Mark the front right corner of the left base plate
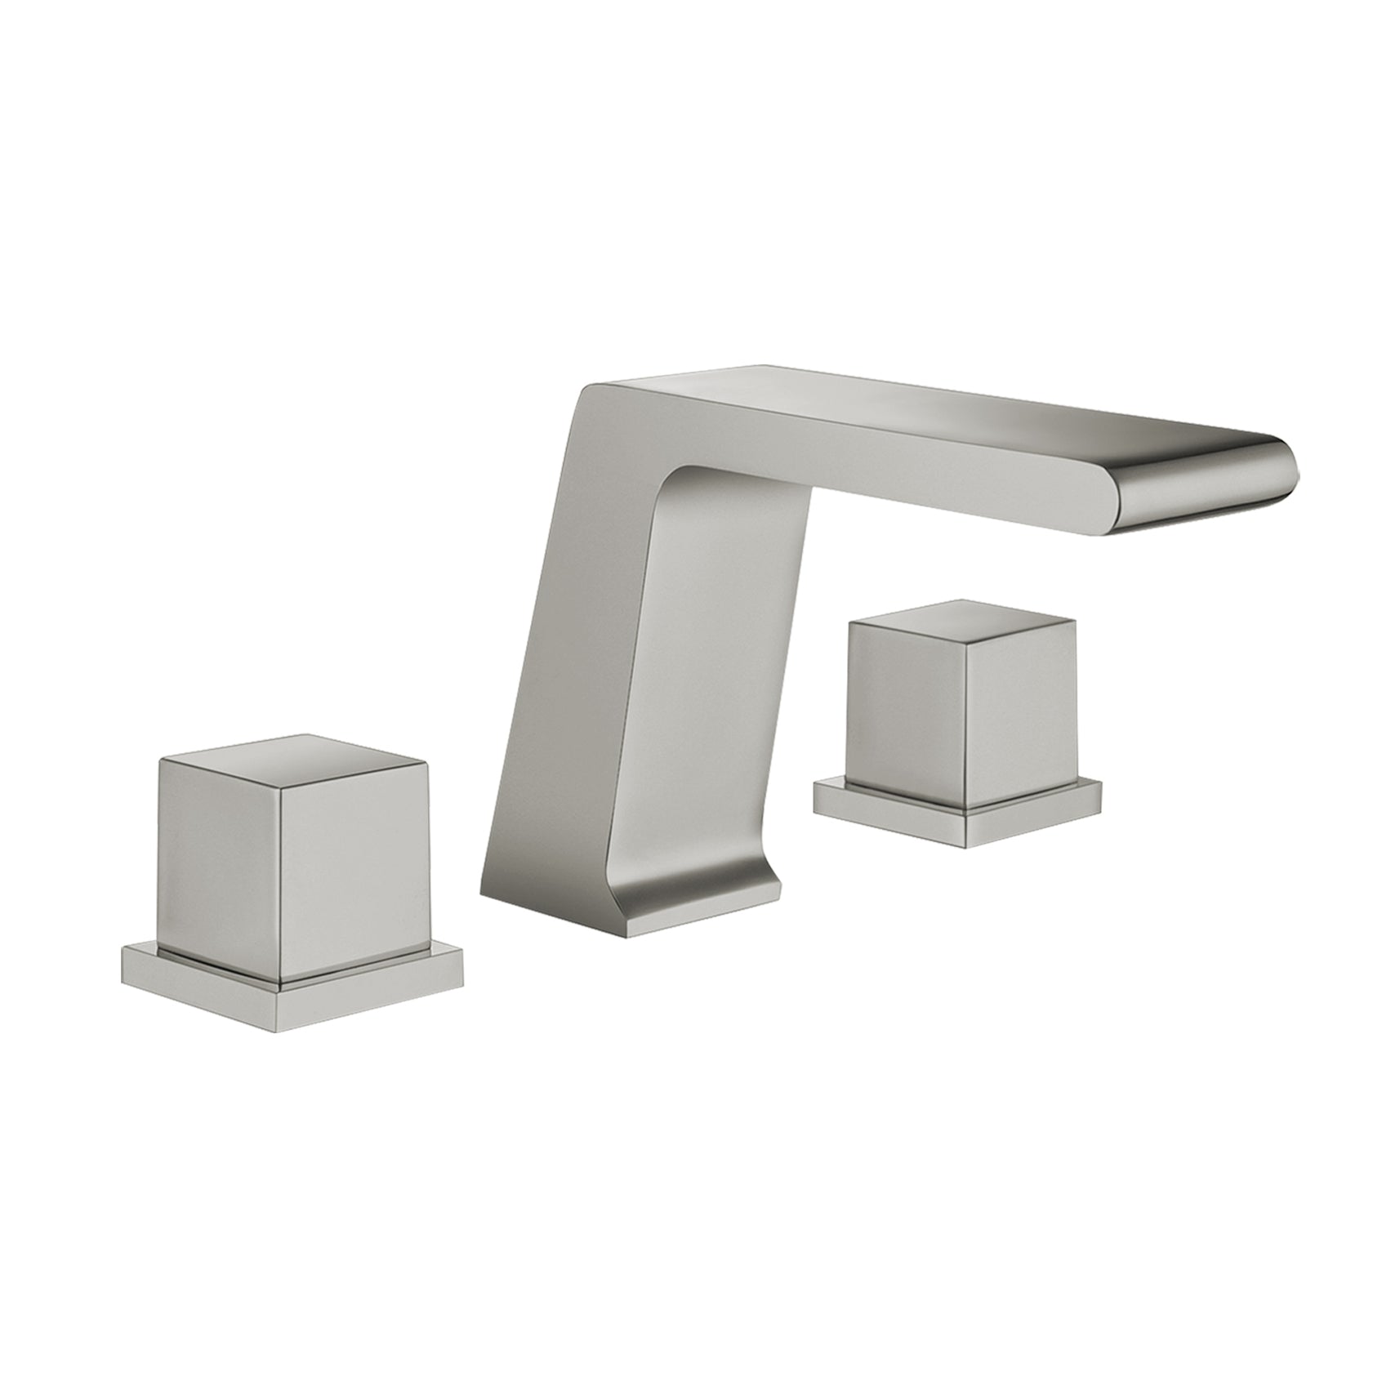pyautogui.click(x=462, y=992)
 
